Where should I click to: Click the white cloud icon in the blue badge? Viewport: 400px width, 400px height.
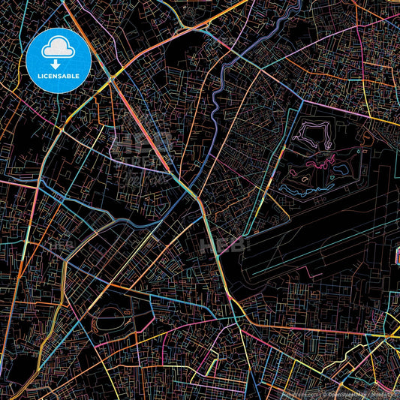pos(58,49)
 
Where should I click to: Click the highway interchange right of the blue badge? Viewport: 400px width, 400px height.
pos(113,76)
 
